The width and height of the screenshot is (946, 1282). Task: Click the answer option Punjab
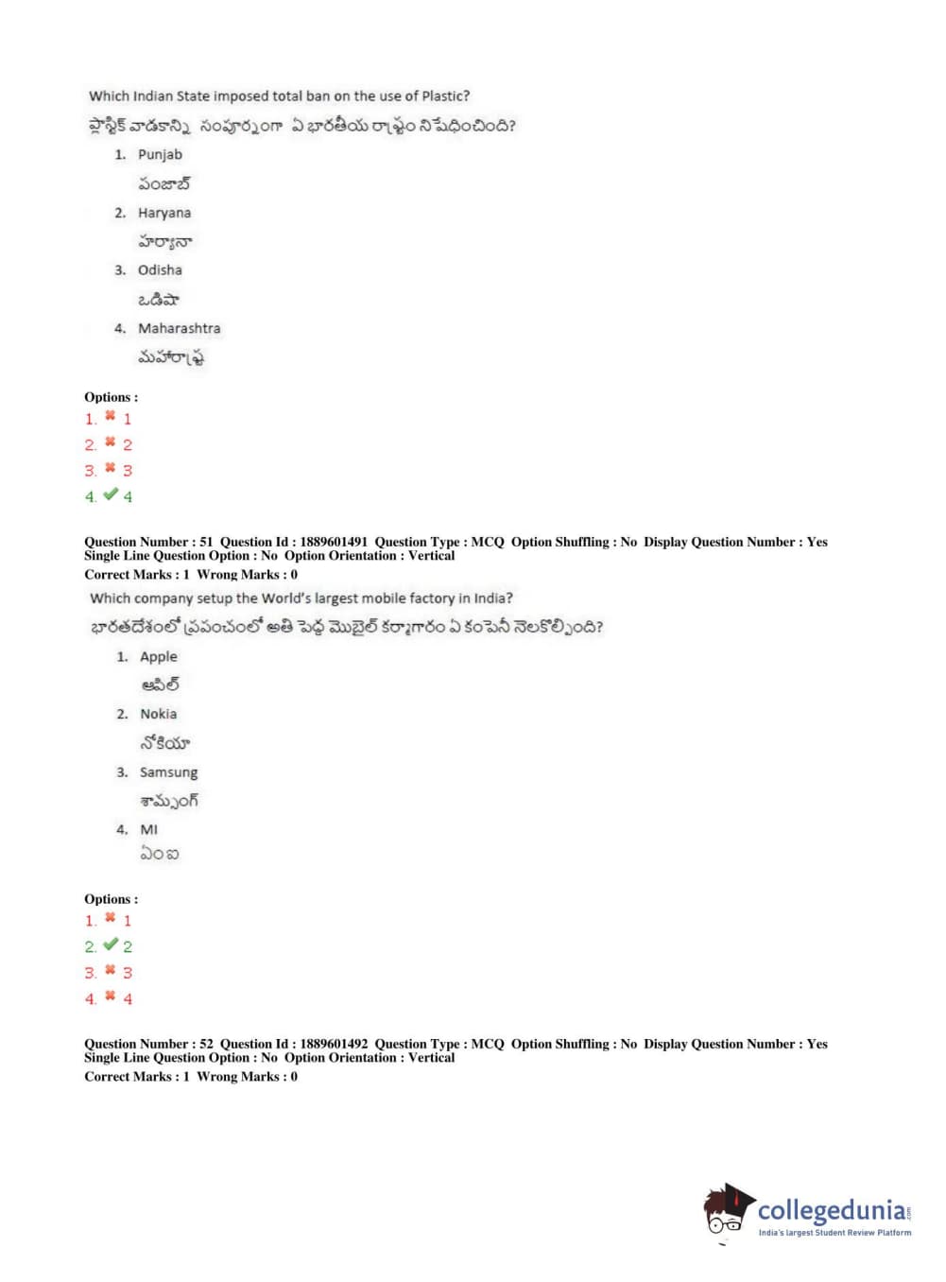160,154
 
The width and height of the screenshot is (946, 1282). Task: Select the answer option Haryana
163,213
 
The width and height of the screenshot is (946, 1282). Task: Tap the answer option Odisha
160,270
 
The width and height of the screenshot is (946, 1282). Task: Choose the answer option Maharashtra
179,328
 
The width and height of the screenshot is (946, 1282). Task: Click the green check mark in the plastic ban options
111,494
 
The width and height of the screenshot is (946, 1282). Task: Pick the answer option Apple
158,656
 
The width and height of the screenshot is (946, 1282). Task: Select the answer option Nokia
158,714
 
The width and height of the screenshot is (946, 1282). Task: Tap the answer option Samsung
168,772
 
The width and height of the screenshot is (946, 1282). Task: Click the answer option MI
148,829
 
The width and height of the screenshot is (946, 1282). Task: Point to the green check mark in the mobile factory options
111,944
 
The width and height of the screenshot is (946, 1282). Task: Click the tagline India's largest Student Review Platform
834,1233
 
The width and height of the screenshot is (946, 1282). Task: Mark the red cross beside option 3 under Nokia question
111,970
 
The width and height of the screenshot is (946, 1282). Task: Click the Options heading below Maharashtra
111,397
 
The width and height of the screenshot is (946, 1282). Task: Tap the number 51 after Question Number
206,542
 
